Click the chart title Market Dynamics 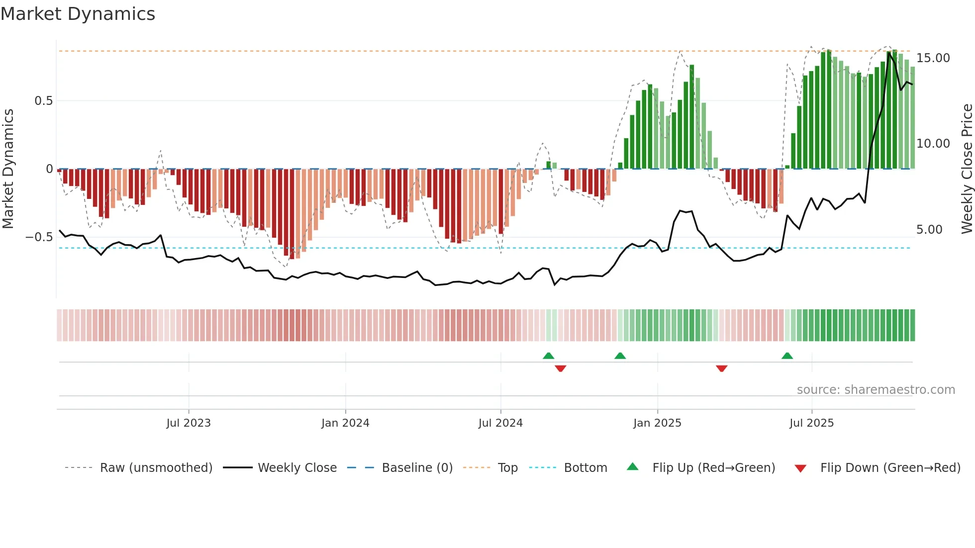pos(78,14)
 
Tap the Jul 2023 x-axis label pos(189,423)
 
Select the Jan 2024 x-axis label pos(345,423)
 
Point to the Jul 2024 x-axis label pos(500,423)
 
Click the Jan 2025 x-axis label pos(657,423)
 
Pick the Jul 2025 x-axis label pos(811,423)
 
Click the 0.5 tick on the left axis pos(43,101)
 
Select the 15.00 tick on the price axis pos(933,58)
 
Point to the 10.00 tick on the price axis pos(933,144)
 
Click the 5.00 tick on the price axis pos(929,230)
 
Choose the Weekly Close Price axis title pos(967,169)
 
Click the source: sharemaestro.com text pos(876,390)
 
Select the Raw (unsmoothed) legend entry pos(156,468)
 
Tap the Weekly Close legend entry pos(297,468)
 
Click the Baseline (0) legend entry pos(417,468)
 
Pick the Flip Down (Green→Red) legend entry pos(890,468)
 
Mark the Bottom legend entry pos(585,468)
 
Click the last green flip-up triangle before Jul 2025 pos(787,356)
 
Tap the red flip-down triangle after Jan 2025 pos(722,368)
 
